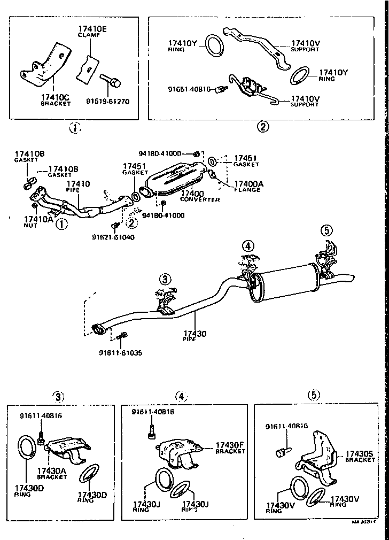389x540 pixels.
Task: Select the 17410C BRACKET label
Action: [x=56, y=100]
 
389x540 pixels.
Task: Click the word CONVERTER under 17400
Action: [x=200, y=199]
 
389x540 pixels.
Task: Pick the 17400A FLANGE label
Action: [x=248, y=186]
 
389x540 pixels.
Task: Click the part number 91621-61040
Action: [x=113, y=237]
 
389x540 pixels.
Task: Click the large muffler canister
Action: [x=286, y=281]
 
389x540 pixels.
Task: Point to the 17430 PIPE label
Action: [x=194, y=336]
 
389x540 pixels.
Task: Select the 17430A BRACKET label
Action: [x=52, y=473]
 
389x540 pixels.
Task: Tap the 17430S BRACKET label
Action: [x=360, y=456]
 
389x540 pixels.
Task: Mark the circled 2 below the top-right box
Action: [x=262, y=127]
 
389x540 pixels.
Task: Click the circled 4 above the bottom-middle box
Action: [x=181, y=396]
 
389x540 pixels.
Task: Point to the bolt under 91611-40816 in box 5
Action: [x=283, y=452]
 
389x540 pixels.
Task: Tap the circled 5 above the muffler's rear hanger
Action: [x=326, y=230]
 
